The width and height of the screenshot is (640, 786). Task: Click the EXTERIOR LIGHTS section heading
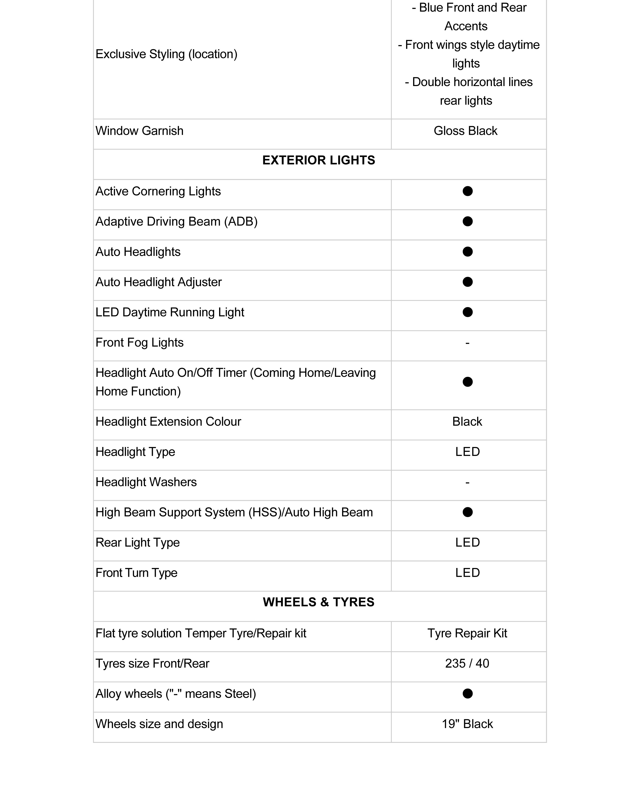tap(318, 160)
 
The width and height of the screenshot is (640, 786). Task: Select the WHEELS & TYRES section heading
tap(318, 602)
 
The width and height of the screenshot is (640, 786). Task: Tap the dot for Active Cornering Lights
tap(468, 191)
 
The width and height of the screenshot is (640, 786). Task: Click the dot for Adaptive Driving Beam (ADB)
tap(468, 222)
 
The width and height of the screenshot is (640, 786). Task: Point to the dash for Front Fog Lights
tap(468, 343)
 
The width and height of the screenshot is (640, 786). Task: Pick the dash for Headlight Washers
tap(468, 482)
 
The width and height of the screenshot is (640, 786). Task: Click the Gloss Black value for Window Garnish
tap(466, 131)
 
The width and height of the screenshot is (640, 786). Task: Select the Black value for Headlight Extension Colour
tap(467, 421)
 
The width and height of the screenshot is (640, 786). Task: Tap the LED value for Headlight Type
tap(468, 452)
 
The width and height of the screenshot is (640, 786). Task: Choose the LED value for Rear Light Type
tap(468, 542)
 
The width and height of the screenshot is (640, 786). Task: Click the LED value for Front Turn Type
tap(468, 573)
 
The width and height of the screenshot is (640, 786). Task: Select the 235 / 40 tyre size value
tap(467, 663)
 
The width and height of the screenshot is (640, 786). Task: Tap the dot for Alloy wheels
tap(468, 693)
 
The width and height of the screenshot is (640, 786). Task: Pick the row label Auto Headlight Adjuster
tap(159, 282)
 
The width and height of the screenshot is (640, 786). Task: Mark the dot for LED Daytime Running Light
tap(468, 312)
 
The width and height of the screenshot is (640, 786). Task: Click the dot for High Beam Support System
tap(468, 512)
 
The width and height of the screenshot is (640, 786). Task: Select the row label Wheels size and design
tap(159, 724)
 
